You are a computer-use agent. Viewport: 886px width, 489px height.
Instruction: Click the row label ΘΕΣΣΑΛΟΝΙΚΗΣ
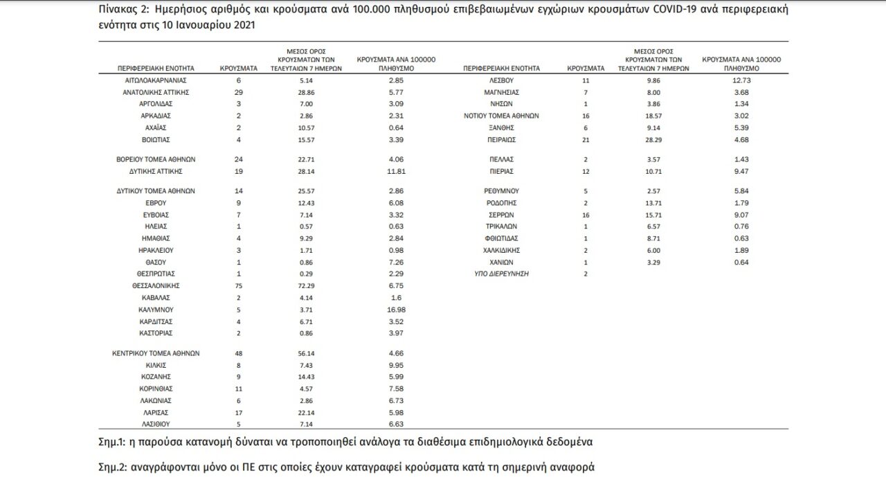point(156,285)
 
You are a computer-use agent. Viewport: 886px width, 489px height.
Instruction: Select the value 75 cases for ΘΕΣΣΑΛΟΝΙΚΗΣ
point(239,285)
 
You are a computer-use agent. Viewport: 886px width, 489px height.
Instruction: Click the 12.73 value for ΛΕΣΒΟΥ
point(742,80)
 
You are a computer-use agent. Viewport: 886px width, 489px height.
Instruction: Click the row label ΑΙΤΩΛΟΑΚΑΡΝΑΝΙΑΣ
point(156,80)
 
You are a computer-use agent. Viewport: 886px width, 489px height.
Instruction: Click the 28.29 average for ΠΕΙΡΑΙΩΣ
point(653,139)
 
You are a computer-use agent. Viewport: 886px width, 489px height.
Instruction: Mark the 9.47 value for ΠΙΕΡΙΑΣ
point(742,170)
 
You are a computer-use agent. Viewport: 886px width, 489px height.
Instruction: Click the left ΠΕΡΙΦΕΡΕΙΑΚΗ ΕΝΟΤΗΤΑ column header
point(156,69)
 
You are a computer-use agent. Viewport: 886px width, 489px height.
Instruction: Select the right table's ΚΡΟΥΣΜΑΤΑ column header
point(586,69)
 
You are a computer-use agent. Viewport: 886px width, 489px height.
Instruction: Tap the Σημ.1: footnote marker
point(114,441)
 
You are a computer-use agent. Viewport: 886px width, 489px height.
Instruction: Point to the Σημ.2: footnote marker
point(114,467)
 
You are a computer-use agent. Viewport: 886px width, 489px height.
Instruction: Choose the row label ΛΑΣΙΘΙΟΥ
point(156,423)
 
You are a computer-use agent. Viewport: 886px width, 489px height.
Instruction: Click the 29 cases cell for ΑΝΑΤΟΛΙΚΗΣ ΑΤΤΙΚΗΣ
point(239,92)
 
